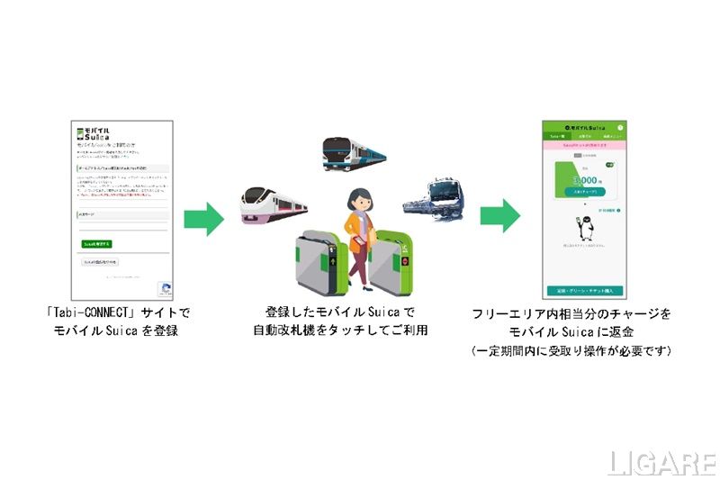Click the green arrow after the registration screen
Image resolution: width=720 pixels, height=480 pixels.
coord(203,218)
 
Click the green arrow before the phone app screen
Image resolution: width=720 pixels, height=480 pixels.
coord(499,218)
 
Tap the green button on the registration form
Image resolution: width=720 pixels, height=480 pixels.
coord(96,244)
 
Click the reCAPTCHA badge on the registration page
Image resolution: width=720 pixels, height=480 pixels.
coord(165,289)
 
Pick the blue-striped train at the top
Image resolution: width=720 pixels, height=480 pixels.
coord(354,154)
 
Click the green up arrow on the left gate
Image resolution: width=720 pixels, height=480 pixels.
coord(334,262)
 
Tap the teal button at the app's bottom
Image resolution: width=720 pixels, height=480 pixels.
coord(584,290)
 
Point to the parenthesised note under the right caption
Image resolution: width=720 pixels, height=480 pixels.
coord(572,349)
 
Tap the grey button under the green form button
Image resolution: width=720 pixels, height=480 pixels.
coord(99,262)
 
